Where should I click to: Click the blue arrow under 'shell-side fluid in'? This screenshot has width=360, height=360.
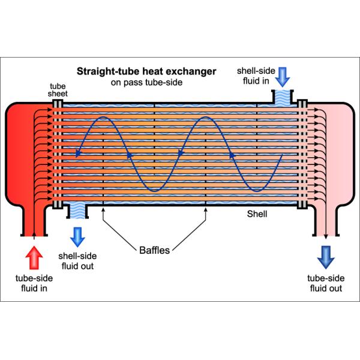pos(283,76)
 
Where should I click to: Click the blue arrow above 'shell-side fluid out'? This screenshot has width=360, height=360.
pos(77,236)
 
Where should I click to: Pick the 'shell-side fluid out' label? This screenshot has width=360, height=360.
pos(77,261)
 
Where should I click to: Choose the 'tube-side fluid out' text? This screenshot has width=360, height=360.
pos(325,283)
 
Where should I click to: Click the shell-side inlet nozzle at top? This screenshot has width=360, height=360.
pos(283,95)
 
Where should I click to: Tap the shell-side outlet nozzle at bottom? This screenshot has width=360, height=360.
pos(76,210)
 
